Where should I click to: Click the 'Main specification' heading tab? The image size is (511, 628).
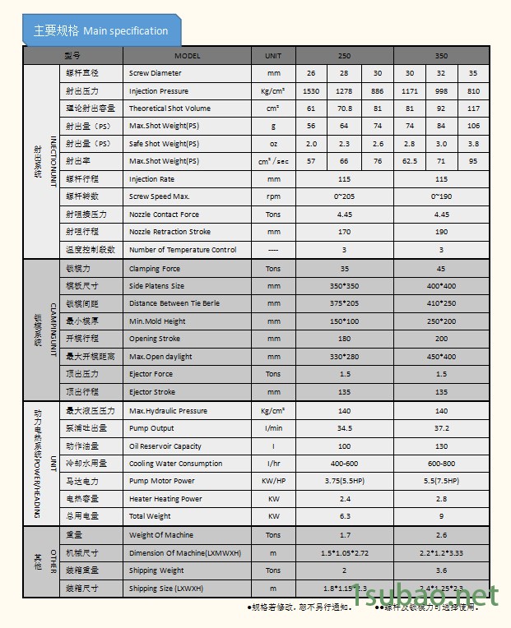pos(100,31)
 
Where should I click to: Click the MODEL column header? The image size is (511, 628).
pos(187,56)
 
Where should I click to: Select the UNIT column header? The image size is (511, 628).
pos(272,56)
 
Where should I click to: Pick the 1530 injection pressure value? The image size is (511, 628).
pos(311,91)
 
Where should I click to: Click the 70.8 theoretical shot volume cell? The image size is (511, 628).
pos(344,109)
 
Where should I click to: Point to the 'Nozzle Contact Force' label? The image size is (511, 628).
pos(164,215)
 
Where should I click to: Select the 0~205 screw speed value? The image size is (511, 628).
pos(344,197)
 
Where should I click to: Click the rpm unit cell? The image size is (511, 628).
pos(272,197)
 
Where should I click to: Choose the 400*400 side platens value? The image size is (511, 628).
pos(441,286)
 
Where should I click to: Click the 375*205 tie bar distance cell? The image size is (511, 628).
pos(344,303)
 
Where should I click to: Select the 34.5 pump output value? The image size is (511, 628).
pos(344,428)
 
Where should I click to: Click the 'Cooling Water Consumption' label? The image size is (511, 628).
pos(175,464)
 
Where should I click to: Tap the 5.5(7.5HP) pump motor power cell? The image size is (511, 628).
pos(441,481)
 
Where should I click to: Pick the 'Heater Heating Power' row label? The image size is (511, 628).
pos(165,499)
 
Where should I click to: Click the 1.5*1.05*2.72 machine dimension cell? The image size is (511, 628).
pos(344,552)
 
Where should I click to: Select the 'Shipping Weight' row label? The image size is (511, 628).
pos(156,570)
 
